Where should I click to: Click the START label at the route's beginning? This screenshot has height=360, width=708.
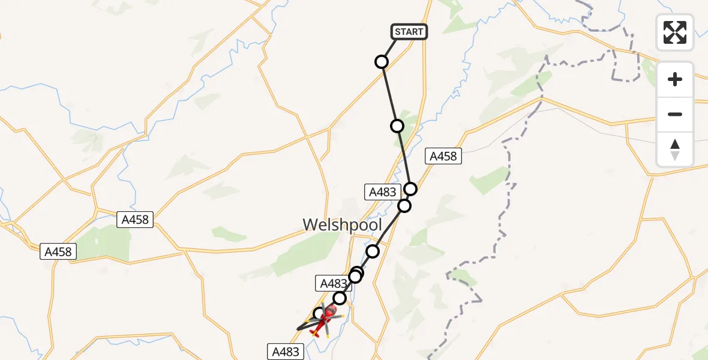click(409, 32)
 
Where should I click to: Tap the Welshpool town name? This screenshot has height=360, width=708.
click(342, 225)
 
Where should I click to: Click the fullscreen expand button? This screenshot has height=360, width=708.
click(675, 32)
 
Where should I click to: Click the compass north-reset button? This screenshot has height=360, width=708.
click(675, 149)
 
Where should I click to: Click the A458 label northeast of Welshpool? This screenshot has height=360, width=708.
click(443, 157)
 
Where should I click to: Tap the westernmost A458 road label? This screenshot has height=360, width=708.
click(59, 252)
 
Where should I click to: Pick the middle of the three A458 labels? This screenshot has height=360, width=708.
click(135, 220)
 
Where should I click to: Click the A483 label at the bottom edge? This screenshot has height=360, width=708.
click(286, 352)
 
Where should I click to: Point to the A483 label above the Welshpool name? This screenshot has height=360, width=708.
click(383, 192)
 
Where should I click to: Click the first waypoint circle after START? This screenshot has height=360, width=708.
click(382, 62)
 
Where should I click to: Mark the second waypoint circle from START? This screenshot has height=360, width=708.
click(397, 126)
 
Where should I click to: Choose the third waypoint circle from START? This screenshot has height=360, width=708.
click(410, 189)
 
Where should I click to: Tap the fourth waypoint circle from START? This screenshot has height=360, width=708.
click(405, 206)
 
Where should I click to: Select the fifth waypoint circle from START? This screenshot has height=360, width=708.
click(373, 251)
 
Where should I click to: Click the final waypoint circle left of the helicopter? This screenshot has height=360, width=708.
click(320, 313)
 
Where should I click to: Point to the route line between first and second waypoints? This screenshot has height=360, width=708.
click(389, 94)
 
